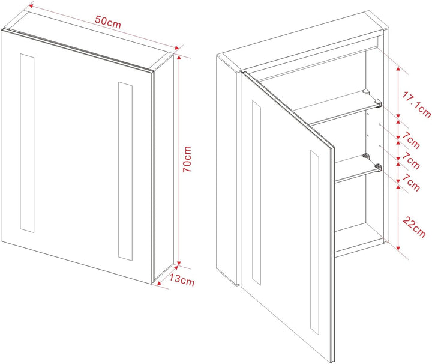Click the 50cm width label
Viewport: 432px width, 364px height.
[108, 22]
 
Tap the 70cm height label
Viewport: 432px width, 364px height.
[187, 159]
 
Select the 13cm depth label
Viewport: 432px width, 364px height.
[182, 279]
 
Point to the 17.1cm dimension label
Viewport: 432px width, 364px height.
[416, 105]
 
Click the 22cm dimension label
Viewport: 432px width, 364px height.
[414, 227]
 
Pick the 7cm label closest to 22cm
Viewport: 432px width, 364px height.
[411, 182]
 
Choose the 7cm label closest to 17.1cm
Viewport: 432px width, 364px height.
[411, 140]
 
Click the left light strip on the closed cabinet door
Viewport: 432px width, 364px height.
[27, 143]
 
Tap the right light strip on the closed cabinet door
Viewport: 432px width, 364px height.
[125, 171]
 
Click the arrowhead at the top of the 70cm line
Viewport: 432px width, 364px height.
[179, 57]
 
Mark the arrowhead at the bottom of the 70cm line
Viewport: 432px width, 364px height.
[179, 263]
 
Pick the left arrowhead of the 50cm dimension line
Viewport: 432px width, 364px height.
[31, 5]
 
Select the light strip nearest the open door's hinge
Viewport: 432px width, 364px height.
[256, 192]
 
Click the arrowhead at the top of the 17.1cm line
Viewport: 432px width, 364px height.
[398, 68]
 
